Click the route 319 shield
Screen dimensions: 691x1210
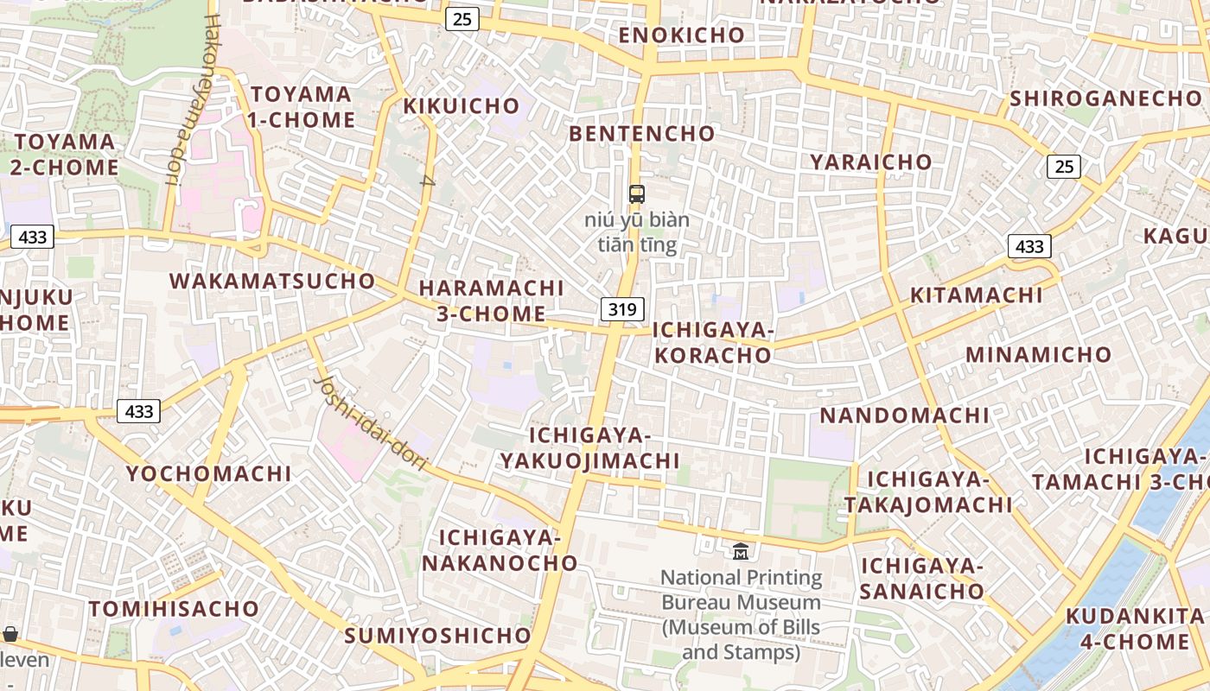click(x=622, y=309)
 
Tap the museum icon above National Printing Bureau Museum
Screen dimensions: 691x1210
click(x=741, y=551)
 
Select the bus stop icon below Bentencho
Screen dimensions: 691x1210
click(x=637, y=193)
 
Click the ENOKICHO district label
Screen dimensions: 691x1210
click(x=682, y=35)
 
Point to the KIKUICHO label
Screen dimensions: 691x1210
click(x=462, y=106)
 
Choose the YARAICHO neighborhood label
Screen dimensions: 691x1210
click(x=870, y=162)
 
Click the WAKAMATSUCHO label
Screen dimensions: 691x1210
click(x=272, y=281)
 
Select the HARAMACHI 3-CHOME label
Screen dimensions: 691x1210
click(x=491, y=301)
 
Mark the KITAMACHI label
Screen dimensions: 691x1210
click(x=976, y=295)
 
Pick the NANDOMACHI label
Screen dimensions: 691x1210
click(x=904, y=415)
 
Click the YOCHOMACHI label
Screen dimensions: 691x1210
click(x=209, y=473)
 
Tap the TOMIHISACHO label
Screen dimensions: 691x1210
click(x=174, y=609)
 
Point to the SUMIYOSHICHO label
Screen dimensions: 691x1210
click(x=437, y=636)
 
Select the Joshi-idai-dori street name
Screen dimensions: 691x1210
click(x=372, y=423)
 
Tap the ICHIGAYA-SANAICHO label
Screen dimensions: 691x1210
click(x=922, y=579)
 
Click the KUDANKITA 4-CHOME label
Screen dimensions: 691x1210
click(x=1135, y=629)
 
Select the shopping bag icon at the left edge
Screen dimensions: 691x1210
click(x=10, y=635)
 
